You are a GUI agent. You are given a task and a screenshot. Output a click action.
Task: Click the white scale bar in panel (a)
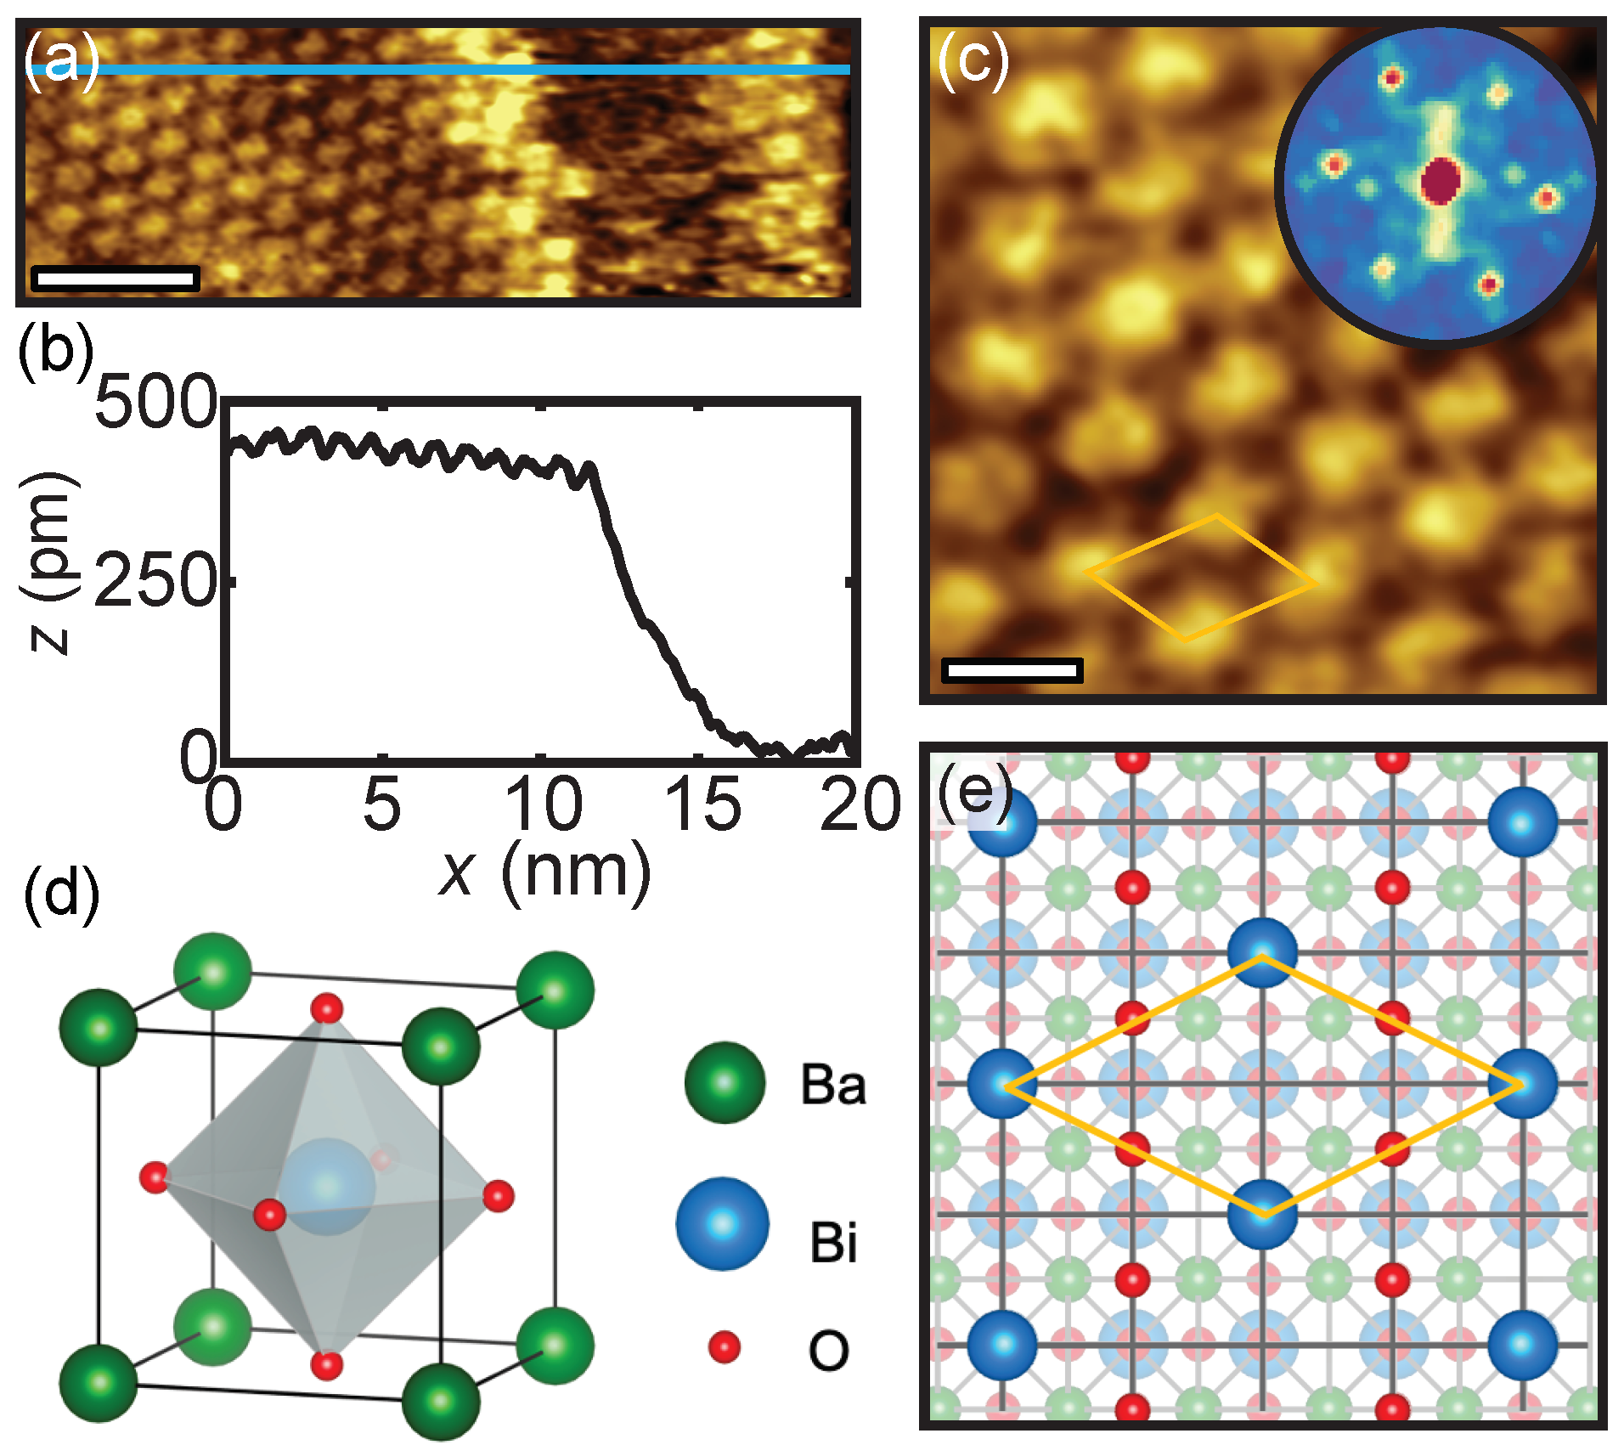pos(115,278)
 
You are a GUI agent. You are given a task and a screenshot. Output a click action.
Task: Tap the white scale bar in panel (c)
pos(1012,670)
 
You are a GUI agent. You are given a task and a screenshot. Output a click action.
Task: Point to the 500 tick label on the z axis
pos(156,402)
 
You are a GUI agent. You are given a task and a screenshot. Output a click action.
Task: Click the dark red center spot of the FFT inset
pos(1440,180)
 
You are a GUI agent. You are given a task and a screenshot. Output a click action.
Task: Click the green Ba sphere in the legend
pos(725,1082)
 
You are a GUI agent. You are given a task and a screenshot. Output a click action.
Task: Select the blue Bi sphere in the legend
pos(722,1223)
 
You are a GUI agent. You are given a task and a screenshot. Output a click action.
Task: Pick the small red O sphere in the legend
pos(724,1347)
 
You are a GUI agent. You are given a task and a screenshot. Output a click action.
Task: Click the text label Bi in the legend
pos(833,1242)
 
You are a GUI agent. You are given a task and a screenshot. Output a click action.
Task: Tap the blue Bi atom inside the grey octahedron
pos(328,1186)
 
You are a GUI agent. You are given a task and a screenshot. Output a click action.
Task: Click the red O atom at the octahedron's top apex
pos(326,1009)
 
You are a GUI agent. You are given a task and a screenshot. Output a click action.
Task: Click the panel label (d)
pos(61,894)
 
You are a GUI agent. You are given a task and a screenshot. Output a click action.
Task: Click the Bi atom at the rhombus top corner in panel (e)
pos(1263,952)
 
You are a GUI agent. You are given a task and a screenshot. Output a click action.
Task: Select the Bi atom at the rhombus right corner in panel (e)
pos(1523,1083)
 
